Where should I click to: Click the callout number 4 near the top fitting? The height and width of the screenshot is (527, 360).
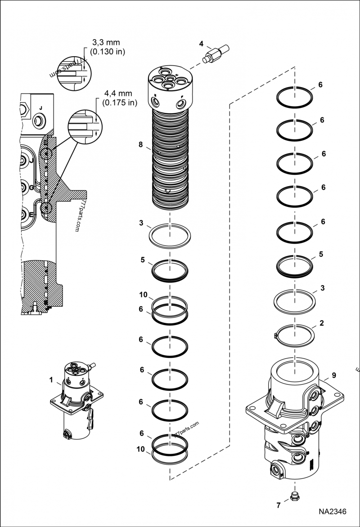[201, 44]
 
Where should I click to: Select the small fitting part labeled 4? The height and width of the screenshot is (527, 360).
[216, 53]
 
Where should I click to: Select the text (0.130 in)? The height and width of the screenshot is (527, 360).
[108, 51]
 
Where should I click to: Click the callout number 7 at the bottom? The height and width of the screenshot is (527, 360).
[279, 505]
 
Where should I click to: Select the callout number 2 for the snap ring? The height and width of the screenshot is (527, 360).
[321, 323]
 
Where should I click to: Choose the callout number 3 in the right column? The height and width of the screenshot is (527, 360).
[322, 287]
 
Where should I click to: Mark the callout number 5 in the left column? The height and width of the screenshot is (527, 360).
[142, 259]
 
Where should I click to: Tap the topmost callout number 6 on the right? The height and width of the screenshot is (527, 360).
[320, 85]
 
